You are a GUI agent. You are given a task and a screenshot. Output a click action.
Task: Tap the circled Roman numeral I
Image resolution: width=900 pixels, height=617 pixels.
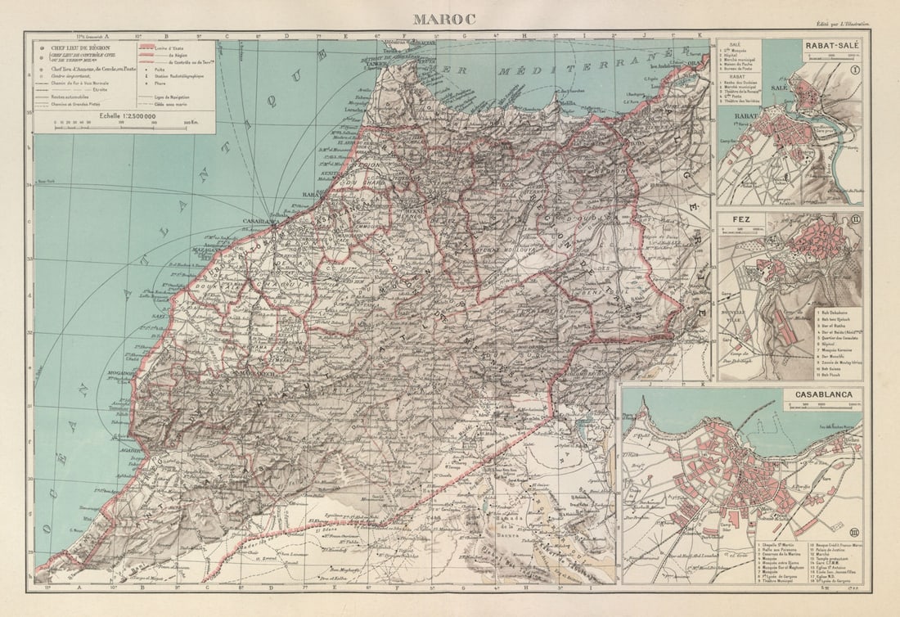click(854, 70)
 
